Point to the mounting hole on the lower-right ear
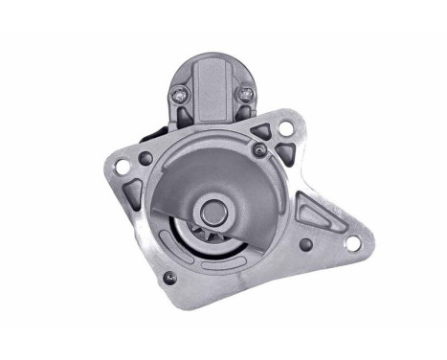click(351, 243)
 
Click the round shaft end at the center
click(214, 209)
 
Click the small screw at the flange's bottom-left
click(170, 278)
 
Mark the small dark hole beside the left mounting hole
click(145, 159)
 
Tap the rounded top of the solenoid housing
click(212, 59)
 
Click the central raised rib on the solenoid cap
click(212, 91)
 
